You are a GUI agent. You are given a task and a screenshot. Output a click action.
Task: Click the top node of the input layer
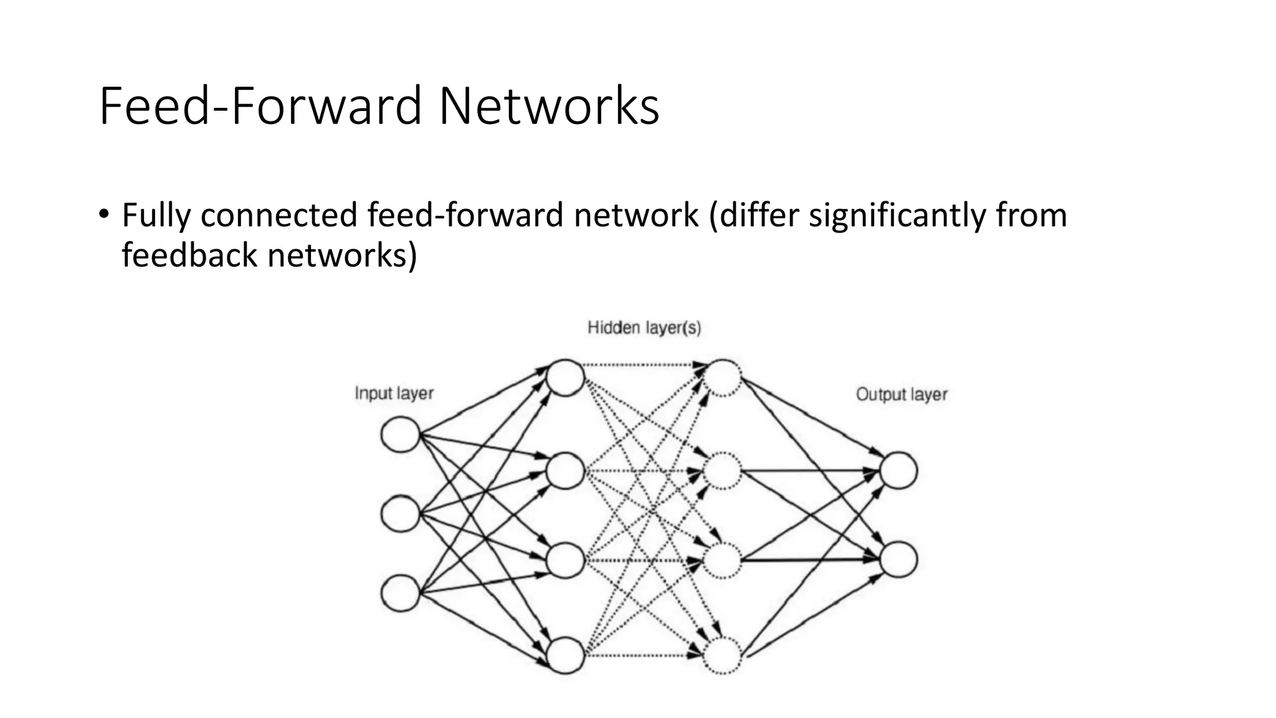400,434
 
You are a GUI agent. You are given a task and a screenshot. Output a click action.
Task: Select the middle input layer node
400,514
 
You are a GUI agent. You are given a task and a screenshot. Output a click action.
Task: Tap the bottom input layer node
400,593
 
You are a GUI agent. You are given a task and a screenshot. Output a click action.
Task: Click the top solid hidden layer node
565,378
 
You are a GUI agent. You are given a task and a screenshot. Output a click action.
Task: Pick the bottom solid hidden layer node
565,655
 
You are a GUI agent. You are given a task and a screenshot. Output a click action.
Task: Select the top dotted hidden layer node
723,378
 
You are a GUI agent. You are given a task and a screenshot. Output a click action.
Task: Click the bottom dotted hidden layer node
723,655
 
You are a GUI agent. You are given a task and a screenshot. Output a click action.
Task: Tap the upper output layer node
898,471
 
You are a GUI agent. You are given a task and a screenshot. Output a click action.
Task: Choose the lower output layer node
898,559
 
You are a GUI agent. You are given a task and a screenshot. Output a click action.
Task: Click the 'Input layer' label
394,393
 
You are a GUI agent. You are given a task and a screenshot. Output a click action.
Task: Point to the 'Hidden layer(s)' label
644,328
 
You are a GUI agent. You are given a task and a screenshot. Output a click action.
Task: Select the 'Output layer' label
901,395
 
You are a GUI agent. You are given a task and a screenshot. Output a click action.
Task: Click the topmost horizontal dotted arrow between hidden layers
642,365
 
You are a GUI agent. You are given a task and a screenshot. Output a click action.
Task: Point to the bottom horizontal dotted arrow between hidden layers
642,655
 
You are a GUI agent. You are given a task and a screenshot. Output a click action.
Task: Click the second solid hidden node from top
565,471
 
